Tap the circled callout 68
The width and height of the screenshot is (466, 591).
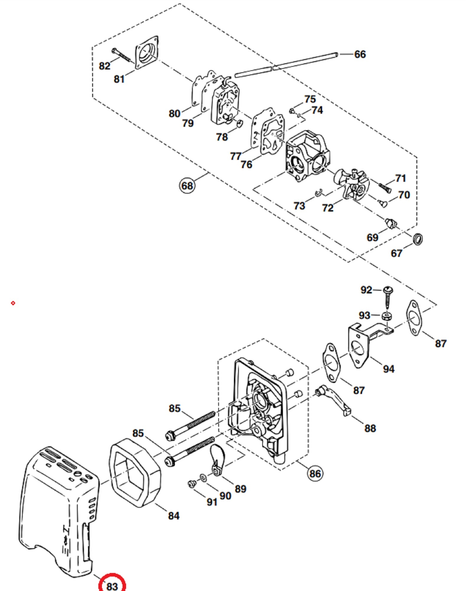(187, 186)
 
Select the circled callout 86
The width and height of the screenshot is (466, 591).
(315, 473)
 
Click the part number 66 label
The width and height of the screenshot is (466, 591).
(360, 54)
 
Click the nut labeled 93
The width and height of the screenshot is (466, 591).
(387, 316)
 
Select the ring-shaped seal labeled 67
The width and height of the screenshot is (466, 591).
(418, 238)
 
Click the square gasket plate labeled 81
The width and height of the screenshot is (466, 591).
(146, 53)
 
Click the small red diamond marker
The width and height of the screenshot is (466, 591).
(13, 303)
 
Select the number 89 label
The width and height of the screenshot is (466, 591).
(240, 489)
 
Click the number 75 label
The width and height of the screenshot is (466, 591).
(310, 99)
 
